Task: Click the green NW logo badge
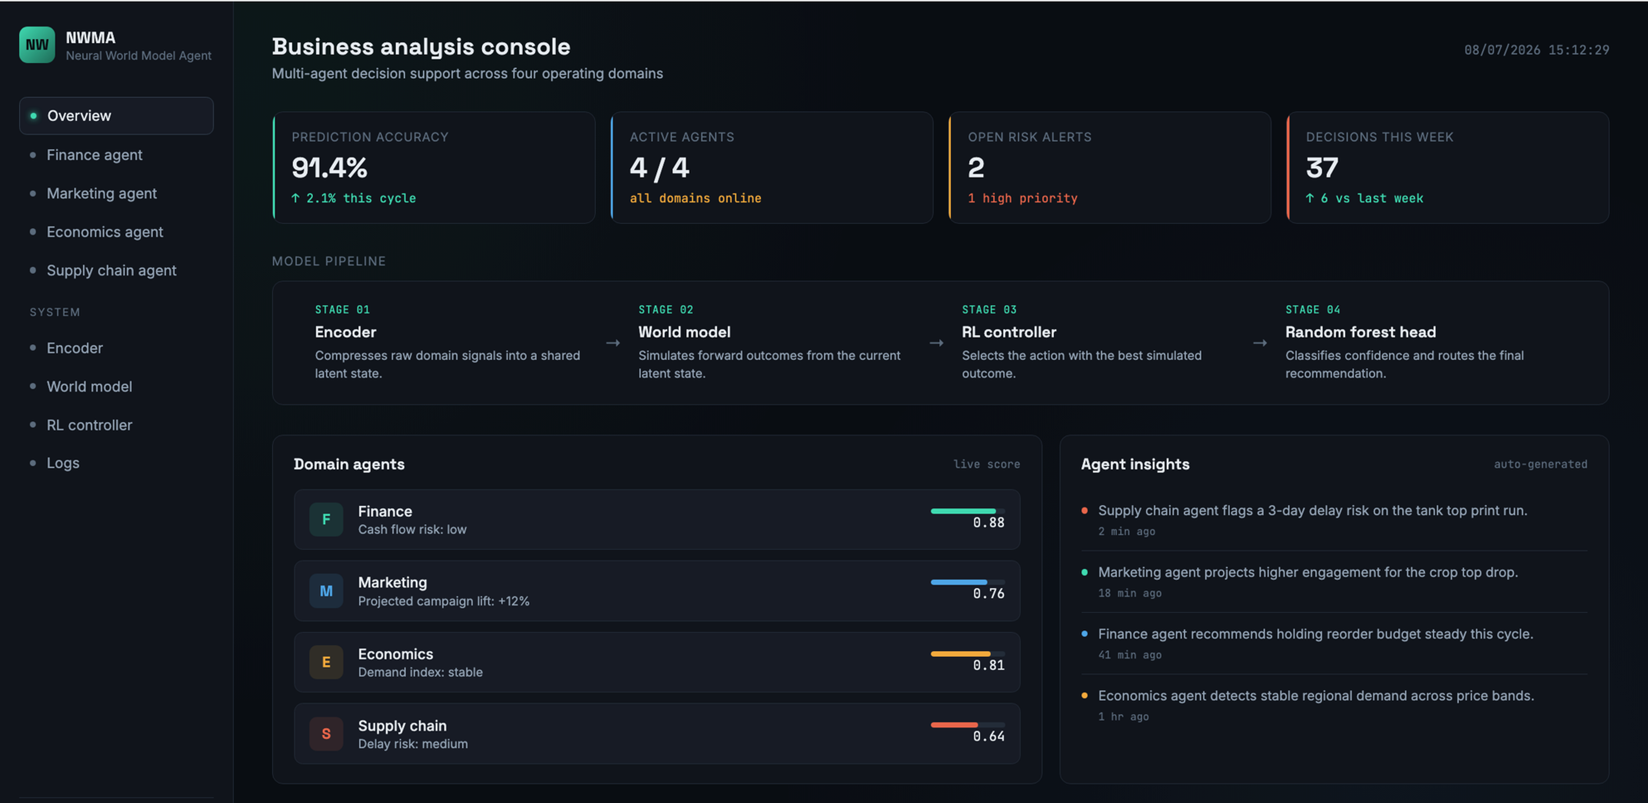pyautogui.click(x=37, y=45)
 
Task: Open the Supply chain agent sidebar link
pyautogui.click(x=111, y=271)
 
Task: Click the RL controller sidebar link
pyautogui.click(x=89, y=425)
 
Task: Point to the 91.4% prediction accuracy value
pyautogui.click(x=330, y=167)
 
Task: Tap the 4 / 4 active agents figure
pyautogui.click(x=660, y=167)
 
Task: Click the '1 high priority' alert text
pyautogui.click(x=1022, y=198)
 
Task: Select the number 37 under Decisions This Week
pyautogui.click(x=1322, y=167)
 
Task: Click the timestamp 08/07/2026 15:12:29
pyautogui.click(x=1537, y=50)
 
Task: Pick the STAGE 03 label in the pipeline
pyautogui.click(x=989, y=310)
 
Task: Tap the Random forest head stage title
pyautogui.click(x=1361, y=332)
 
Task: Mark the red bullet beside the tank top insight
pyautogui.click(x=1084, y=511)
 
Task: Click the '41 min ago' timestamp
pyautogui.click(x=1130, y=654)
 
